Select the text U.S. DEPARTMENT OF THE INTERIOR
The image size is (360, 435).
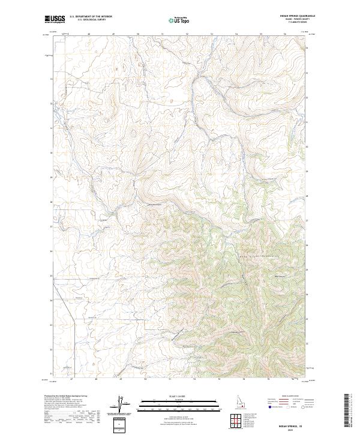91,17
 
